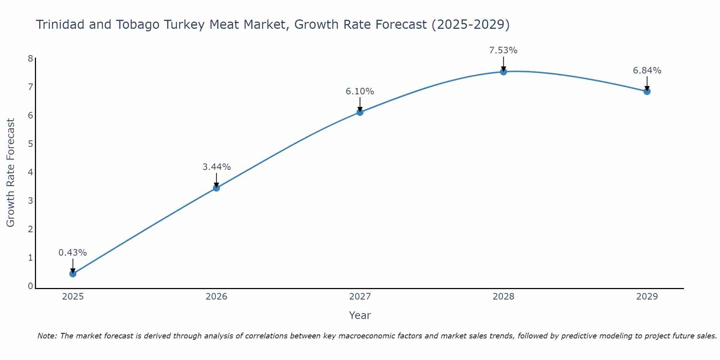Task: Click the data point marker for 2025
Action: pos(73,274)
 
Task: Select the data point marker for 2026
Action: pos(216,188)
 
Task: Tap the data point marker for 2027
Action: pos(360,112)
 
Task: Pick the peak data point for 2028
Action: pos(503,72)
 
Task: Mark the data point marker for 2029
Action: pos(647,91)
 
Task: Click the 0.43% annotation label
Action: pos(73,253)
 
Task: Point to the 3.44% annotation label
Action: pos(216,167)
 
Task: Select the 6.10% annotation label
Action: pos(360,91)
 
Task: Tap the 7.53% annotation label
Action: pos(503,50)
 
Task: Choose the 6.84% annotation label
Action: pos(647,71)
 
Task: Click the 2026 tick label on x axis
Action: pos(216,297)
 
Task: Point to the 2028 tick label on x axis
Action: pos(503,297)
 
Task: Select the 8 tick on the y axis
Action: pos(30,58)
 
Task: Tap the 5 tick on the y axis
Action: pos(30,144)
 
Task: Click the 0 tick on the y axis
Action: pos(30,286)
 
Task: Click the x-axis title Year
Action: pos(360,315)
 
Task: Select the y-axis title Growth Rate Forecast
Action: pos(11,173)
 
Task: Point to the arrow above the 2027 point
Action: pos(360,104)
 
